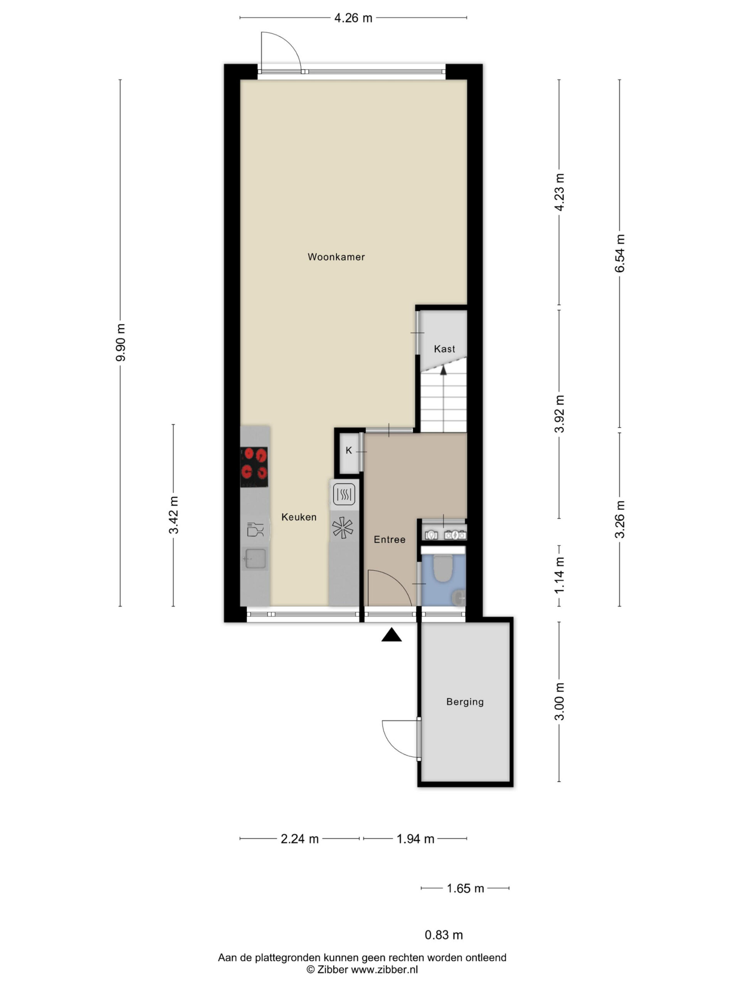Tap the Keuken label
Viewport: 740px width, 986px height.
coord(299,517)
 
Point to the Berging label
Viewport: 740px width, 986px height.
coord(465,702)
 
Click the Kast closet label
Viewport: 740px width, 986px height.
coord(444,349)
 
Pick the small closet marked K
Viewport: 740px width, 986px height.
coord(349,451)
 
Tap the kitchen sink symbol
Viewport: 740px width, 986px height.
coord(254,559)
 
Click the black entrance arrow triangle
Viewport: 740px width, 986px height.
coord(391,635)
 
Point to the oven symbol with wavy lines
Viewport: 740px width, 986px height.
coord(344,494)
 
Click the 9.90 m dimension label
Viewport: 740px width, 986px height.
coord(120,342)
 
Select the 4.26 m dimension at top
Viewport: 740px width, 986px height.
coord(353,18)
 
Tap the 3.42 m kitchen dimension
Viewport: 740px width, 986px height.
coord(173,515)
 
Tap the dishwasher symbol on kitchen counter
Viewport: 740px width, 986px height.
coord(255,530)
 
